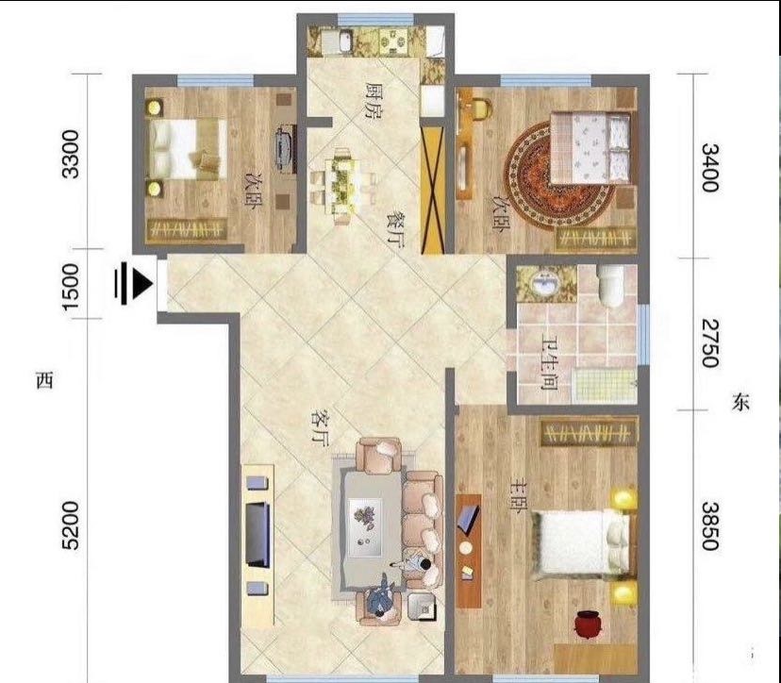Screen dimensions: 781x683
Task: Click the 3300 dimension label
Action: [x=70, y=154]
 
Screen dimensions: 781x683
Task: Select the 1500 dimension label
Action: [x=70, y=286]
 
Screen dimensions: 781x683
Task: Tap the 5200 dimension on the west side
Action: [x=70, y=525]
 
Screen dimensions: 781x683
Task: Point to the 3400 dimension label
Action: [x=709, y=167]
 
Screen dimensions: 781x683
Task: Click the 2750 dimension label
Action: [x=709, y=342]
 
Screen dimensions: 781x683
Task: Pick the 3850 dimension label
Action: [x=709, y=525]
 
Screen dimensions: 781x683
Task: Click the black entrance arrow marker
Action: [x=133, y=285]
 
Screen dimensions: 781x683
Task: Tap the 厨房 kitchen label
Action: [x=374, y=101]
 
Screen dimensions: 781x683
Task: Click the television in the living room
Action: [x=258, y=535]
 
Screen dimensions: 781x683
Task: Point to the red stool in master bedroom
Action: [x=587, y=625]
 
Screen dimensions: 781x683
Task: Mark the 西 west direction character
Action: [x=44, y=380]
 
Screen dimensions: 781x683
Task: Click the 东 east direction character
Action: [x=740, y=402]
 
